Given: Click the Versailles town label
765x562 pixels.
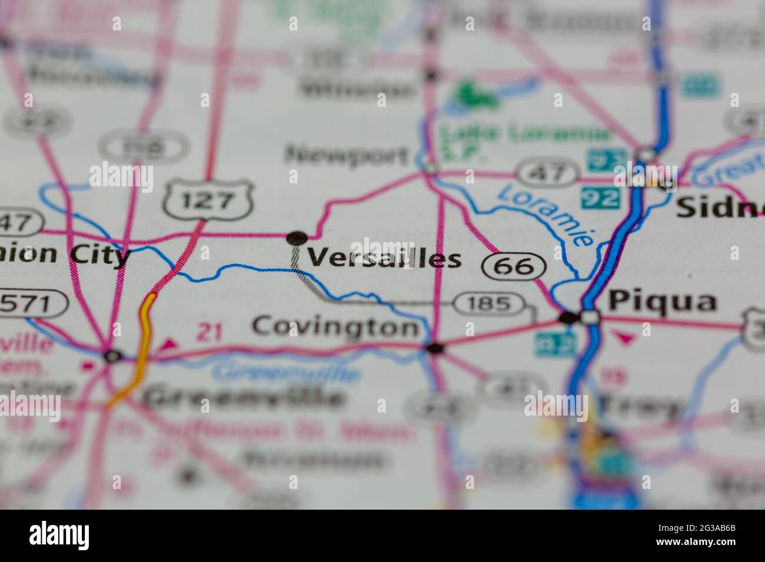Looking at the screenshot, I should click(x=384, y=258).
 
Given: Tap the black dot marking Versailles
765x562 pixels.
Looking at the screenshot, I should click(x=297, y=238).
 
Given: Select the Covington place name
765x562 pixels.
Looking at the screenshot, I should click(x=335, y=326).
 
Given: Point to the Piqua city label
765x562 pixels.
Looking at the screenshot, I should click(x=662, y=302).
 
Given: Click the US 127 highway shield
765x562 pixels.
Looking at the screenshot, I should click(x=208, y=201).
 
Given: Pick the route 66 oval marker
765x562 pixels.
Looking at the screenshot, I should click(x=514, y=267).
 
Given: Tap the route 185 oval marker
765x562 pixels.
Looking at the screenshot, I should click(x=490, y=304).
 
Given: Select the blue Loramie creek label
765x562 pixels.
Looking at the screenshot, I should click(x=544, y=215).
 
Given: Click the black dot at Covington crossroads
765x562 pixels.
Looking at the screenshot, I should click(x=435, y=349).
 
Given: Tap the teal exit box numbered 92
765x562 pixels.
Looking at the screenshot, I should click(x=600, y=198).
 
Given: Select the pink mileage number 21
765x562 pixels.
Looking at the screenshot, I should click(x=209, y=333).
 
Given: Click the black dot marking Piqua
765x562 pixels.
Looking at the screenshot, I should click(x=568, y=318).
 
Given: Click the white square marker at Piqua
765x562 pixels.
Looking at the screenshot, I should click(x=590, y=318).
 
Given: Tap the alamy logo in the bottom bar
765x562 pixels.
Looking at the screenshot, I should click(x=59, y=536).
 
